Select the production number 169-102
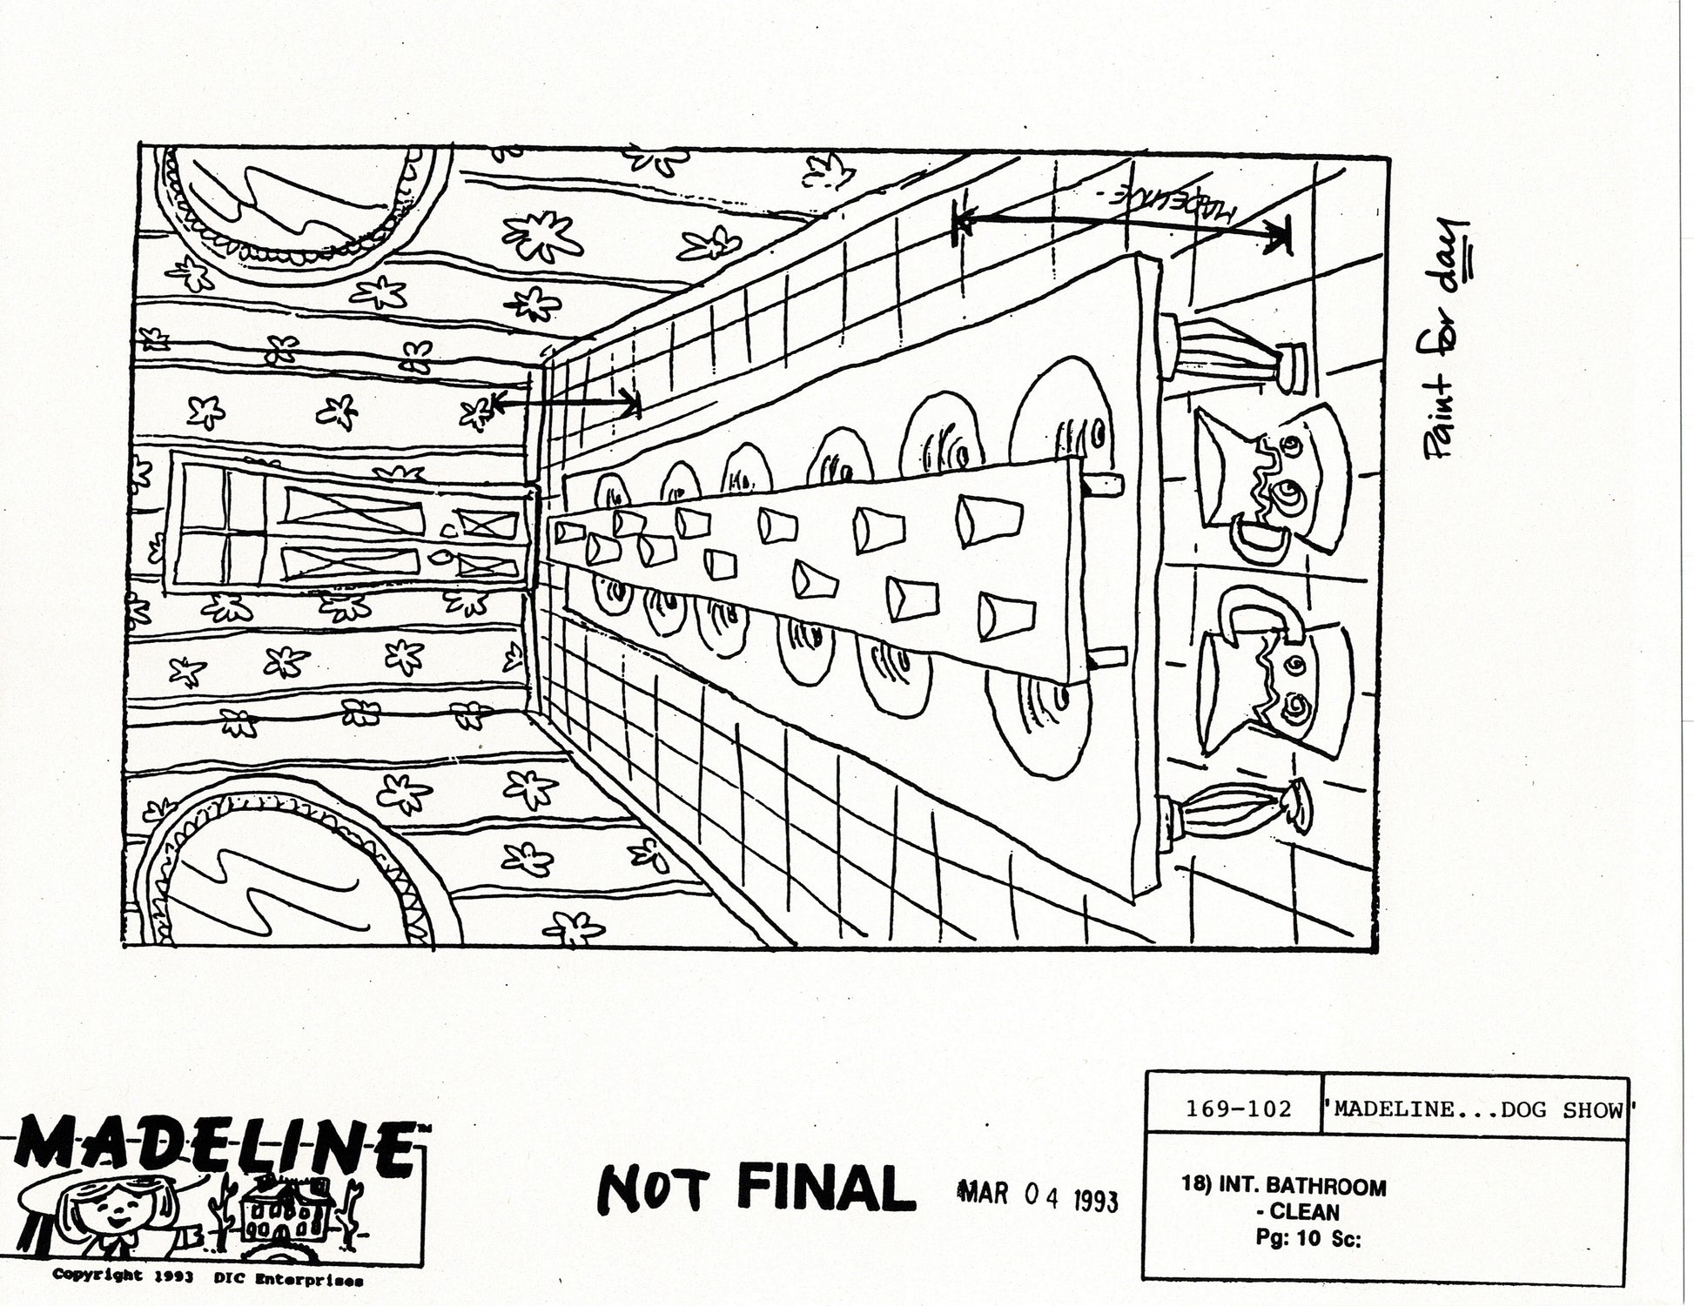[x=1238, y=1110]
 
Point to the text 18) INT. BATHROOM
[x=1284, y=1187]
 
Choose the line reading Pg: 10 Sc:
[x=1308, y=1239]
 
